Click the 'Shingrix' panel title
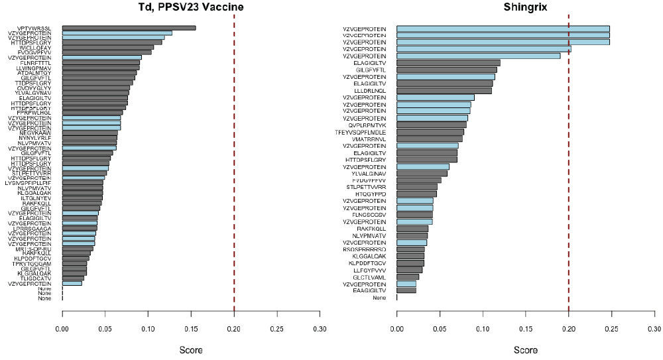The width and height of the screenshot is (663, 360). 525,7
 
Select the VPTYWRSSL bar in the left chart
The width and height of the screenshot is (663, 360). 129,28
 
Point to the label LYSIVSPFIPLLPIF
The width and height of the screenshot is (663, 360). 32,182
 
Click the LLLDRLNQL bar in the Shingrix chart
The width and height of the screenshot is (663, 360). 444,90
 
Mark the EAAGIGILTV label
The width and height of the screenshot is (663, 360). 369,290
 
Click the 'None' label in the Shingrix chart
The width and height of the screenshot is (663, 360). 379,298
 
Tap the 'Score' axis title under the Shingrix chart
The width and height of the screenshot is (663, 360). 525,349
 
